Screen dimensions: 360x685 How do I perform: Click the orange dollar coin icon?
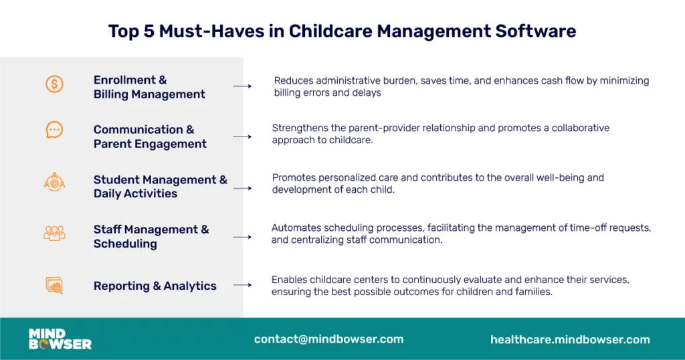[x=54, y=84]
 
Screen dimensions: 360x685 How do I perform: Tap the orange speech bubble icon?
[x=54, y=130]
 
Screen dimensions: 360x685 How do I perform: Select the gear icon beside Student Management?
[x=54, y=181]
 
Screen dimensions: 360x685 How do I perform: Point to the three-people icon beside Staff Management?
[x=54, y=233]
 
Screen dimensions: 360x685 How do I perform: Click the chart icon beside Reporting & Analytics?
[x=54, y=286]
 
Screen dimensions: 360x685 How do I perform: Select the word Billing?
[x=111, y=94]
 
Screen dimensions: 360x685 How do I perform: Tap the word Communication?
[x=138, y=130]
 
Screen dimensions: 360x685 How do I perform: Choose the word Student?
[x=116, y=179]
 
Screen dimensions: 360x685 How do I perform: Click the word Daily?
[x=108, y=193]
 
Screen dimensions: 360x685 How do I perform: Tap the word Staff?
[x=107, y=230]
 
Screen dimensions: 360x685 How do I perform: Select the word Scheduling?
[x=125, y=244]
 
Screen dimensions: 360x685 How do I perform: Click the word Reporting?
[x=122, y=286]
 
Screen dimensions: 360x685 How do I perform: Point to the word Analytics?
[x=189, y=286]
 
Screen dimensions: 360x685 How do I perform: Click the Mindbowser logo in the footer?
[x=60, y=339]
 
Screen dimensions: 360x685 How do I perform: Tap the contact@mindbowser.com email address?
[x=328, y=339]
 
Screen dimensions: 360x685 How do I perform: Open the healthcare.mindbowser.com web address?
[x=570, y=339]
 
